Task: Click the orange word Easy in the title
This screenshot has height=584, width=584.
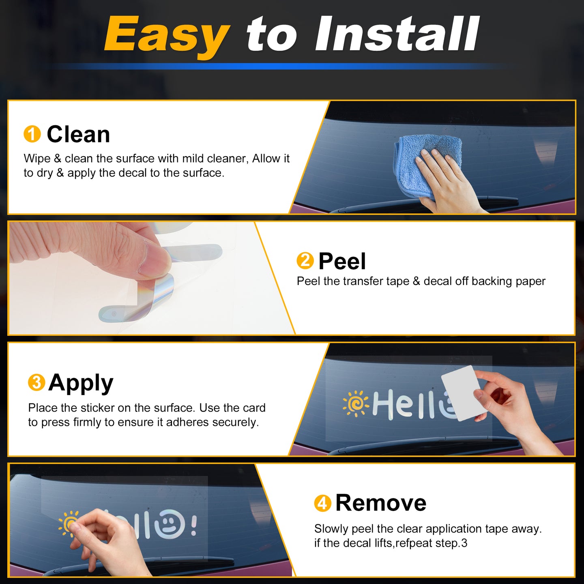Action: (167, 36)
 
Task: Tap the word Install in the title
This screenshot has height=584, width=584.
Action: (397, 34)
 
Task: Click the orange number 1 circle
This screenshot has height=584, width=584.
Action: (32, 134)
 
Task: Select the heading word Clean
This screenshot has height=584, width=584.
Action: (79, 134)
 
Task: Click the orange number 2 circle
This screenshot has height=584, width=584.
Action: (305, 261)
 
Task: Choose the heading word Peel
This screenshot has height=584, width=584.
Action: (342, 261)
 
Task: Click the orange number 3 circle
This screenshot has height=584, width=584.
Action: (36, 382)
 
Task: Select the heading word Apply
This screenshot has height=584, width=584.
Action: (81, 383)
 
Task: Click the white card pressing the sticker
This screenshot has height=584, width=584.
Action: (463, 393)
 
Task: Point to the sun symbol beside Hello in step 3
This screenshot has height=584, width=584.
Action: (356, 404)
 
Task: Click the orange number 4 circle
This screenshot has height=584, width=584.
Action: (322, 504)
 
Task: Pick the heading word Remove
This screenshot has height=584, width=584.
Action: (381, 503)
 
